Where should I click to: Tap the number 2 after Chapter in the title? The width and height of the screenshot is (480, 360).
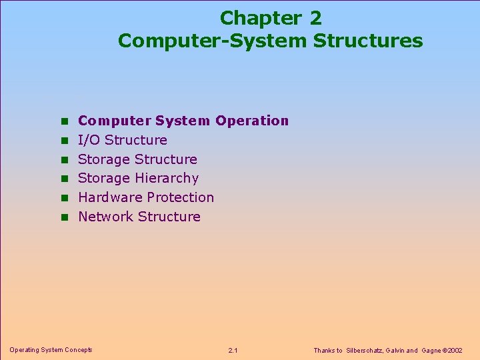[315, 18]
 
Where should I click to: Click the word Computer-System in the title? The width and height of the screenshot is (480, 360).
[212, 41]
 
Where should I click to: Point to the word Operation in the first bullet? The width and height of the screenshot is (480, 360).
[252, 121]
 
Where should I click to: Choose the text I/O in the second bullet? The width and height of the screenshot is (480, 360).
[89, 140]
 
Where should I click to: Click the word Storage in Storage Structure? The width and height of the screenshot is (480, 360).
[103, 159]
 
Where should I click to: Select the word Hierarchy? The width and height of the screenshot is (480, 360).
[167, 178]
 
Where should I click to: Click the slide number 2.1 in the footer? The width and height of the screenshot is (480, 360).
[233, 350]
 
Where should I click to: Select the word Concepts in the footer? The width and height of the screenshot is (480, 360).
[78, 349]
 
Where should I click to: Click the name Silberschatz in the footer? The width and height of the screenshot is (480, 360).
[364, 350]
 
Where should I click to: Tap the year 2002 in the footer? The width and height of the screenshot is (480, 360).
[455, 350]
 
